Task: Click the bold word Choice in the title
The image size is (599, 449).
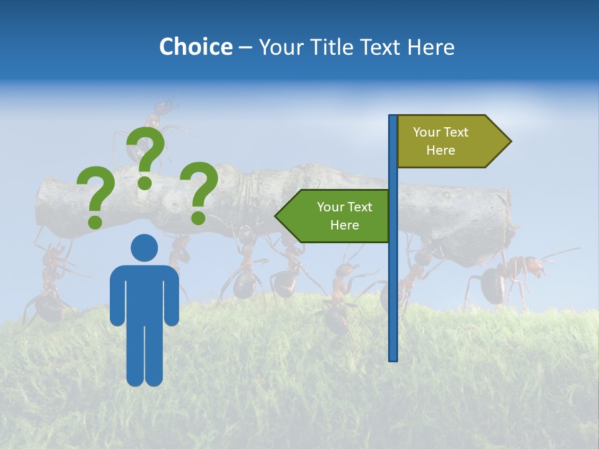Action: pos(195,47)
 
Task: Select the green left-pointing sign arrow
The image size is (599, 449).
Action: pos(334,216)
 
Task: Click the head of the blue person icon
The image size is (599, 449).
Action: pos(144,248)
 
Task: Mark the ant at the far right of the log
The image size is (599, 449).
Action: pos(509,278)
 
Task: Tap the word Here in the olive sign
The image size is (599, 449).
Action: pos(441,150)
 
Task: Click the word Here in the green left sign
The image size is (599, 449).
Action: pos(344,225)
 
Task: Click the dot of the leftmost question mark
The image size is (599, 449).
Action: pos(95,221)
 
